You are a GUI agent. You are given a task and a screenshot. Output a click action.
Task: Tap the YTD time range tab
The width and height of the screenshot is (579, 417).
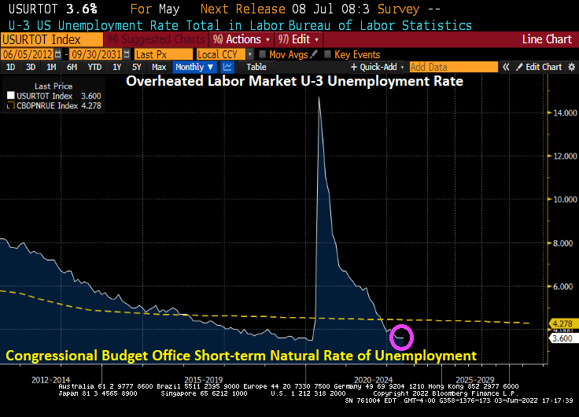(94, 68)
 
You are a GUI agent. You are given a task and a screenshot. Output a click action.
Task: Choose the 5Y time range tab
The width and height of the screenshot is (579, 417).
(135, 68)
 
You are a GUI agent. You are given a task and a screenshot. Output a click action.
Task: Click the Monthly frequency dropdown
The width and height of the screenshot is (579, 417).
(194, 68)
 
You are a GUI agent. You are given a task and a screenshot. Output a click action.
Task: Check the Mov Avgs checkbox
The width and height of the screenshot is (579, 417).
(262, 54)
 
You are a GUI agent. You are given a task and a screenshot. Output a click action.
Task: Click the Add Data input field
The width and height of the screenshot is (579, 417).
(453, 68)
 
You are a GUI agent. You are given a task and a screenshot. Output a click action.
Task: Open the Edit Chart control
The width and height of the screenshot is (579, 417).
(539, 68)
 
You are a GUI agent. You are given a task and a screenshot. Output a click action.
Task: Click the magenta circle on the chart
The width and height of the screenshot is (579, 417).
(401, 337)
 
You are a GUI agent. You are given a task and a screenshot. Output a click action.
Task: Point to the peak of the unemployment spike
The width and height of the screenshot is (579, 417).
(319, 97)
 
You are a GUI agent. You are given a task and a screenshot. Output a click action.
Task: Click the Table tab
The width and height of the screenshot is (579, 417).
(256, 68)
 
